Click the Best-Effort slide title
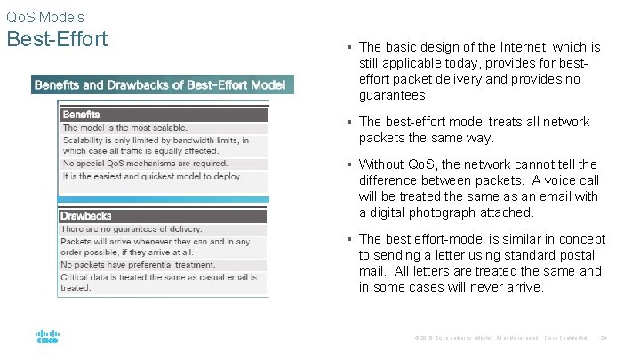57,40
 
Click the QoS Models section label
45,17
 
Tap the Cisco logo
47,336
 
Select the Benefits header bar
164,115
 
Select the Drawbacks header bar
164,216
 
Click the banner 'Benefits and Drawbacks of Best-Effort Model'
160,85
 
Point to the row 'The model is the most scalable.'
125,128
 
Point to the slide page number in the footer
604,337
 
